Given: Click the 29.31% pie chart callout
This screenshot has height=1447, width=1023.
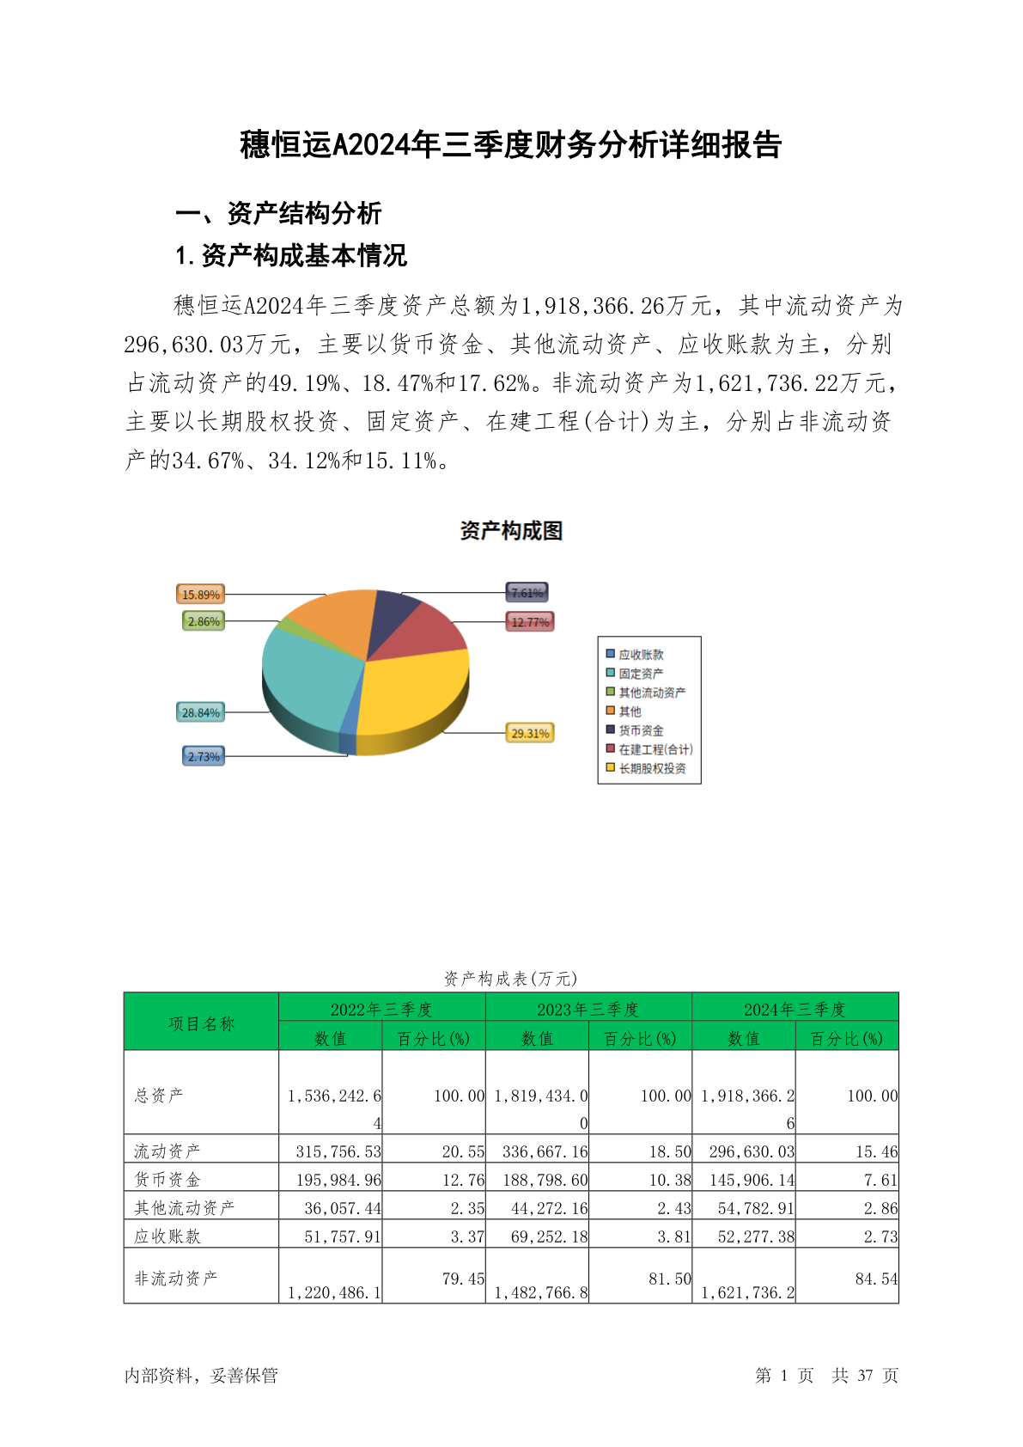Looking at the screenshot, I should pos(530,733).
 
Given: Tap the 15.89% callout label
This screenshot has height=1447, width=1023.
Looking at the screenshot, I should pos(200,595).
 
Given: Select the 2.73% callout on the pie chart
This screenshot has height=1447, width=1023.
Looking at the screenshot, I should pos(204,756).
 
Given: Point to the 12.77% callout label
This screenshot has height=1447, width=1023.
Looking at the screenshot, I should pos(530,622).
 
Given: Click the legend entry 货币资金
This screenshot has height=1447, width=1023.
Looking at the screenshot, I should pos(641,730).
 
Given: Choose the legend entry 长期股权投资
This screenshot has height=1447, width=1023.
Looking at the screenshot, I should pos(652,768).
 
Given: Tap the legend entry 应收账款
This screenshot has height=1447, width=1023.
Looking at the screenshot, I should pos(641,655).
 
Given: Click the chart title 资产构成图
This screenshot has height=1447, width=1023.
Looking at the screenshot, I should pos(511,531).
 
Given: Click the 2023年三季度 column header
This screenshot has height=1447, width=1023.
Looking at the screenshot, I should pos(588,1009).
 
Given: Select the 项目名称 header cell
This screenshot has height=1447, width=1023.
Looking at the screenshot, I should pos(201,1023).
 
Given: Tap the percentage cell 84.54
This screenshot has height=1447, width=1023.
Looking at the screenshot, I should pos(876,1279).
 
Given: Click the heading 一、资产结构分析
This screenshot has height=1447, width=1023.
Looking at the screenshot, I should pos(279,213).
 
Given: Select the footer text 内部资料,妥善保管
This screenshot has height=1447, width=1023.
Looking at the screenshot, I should pos(202,1375).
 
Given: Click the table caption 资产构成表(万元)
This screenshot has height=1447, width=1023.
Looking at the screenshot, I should pos(511,978).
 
